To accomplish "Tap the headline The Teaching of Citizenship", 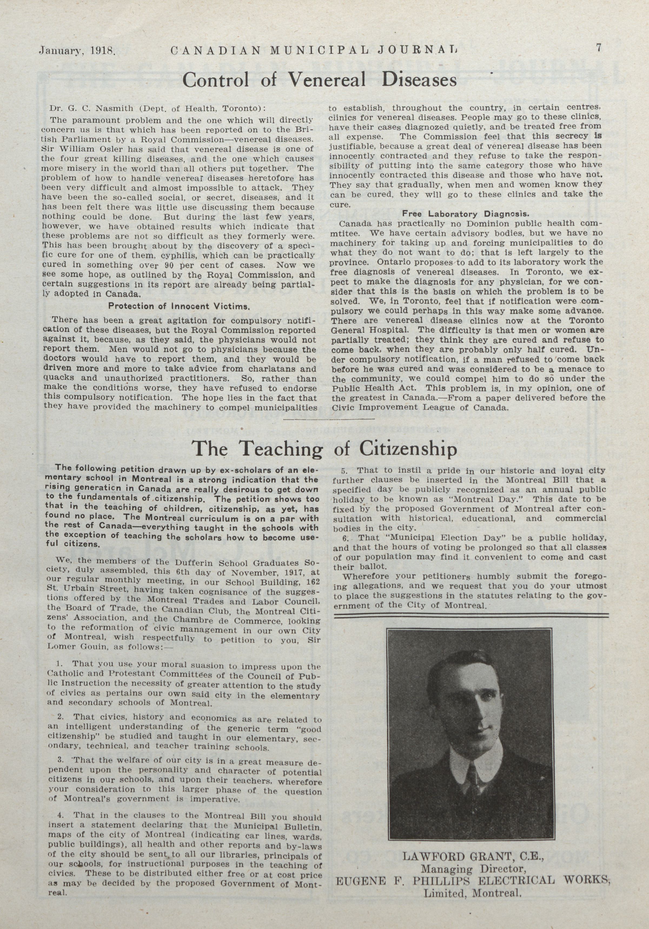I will point(324,449).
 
